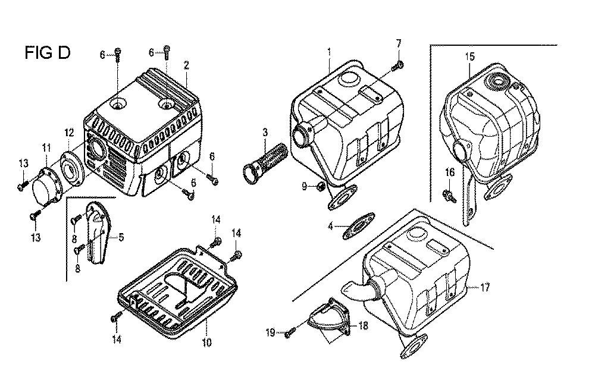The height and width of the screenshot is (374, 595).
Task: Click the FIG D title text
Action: point(48,52)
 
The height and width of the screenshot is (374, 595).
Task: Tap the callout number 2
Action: point(186,65)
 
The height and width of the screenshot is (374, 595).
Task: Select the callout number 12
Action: point(69,133)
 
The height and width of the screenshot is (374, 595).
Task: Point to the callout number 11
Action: point(46,148)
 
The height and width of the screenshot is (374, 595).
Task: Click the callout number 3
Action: point(265,133)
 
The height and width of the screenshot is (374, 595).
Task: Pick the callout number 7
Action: point(399,43)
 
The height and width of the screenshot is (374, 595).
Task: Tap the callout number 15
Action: point(470,57)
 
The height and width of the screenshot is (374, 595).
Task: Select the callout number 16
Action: point(450,173)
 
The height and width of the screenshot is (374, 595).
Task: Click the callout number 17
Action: point(485,288)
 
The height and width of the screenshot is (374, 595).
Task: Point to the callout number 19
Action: point(270,332)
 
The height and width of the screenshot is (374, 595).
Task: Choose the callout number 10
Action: point(207,342)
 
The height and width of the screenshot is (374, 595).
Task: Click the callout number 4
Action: point(330,227)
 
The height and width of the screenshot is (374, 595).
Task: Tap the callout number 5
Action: point(121,237)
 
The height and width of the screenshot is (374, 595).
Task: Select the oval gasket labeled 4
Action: point(359,226)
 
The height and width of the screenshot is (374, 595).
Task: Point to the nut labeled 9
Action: point(320,186)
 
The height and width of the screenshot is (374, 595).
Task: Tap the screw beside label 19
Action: point(290,333)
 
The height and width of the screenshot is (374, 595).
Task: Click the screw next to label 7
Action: point(397,67)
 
